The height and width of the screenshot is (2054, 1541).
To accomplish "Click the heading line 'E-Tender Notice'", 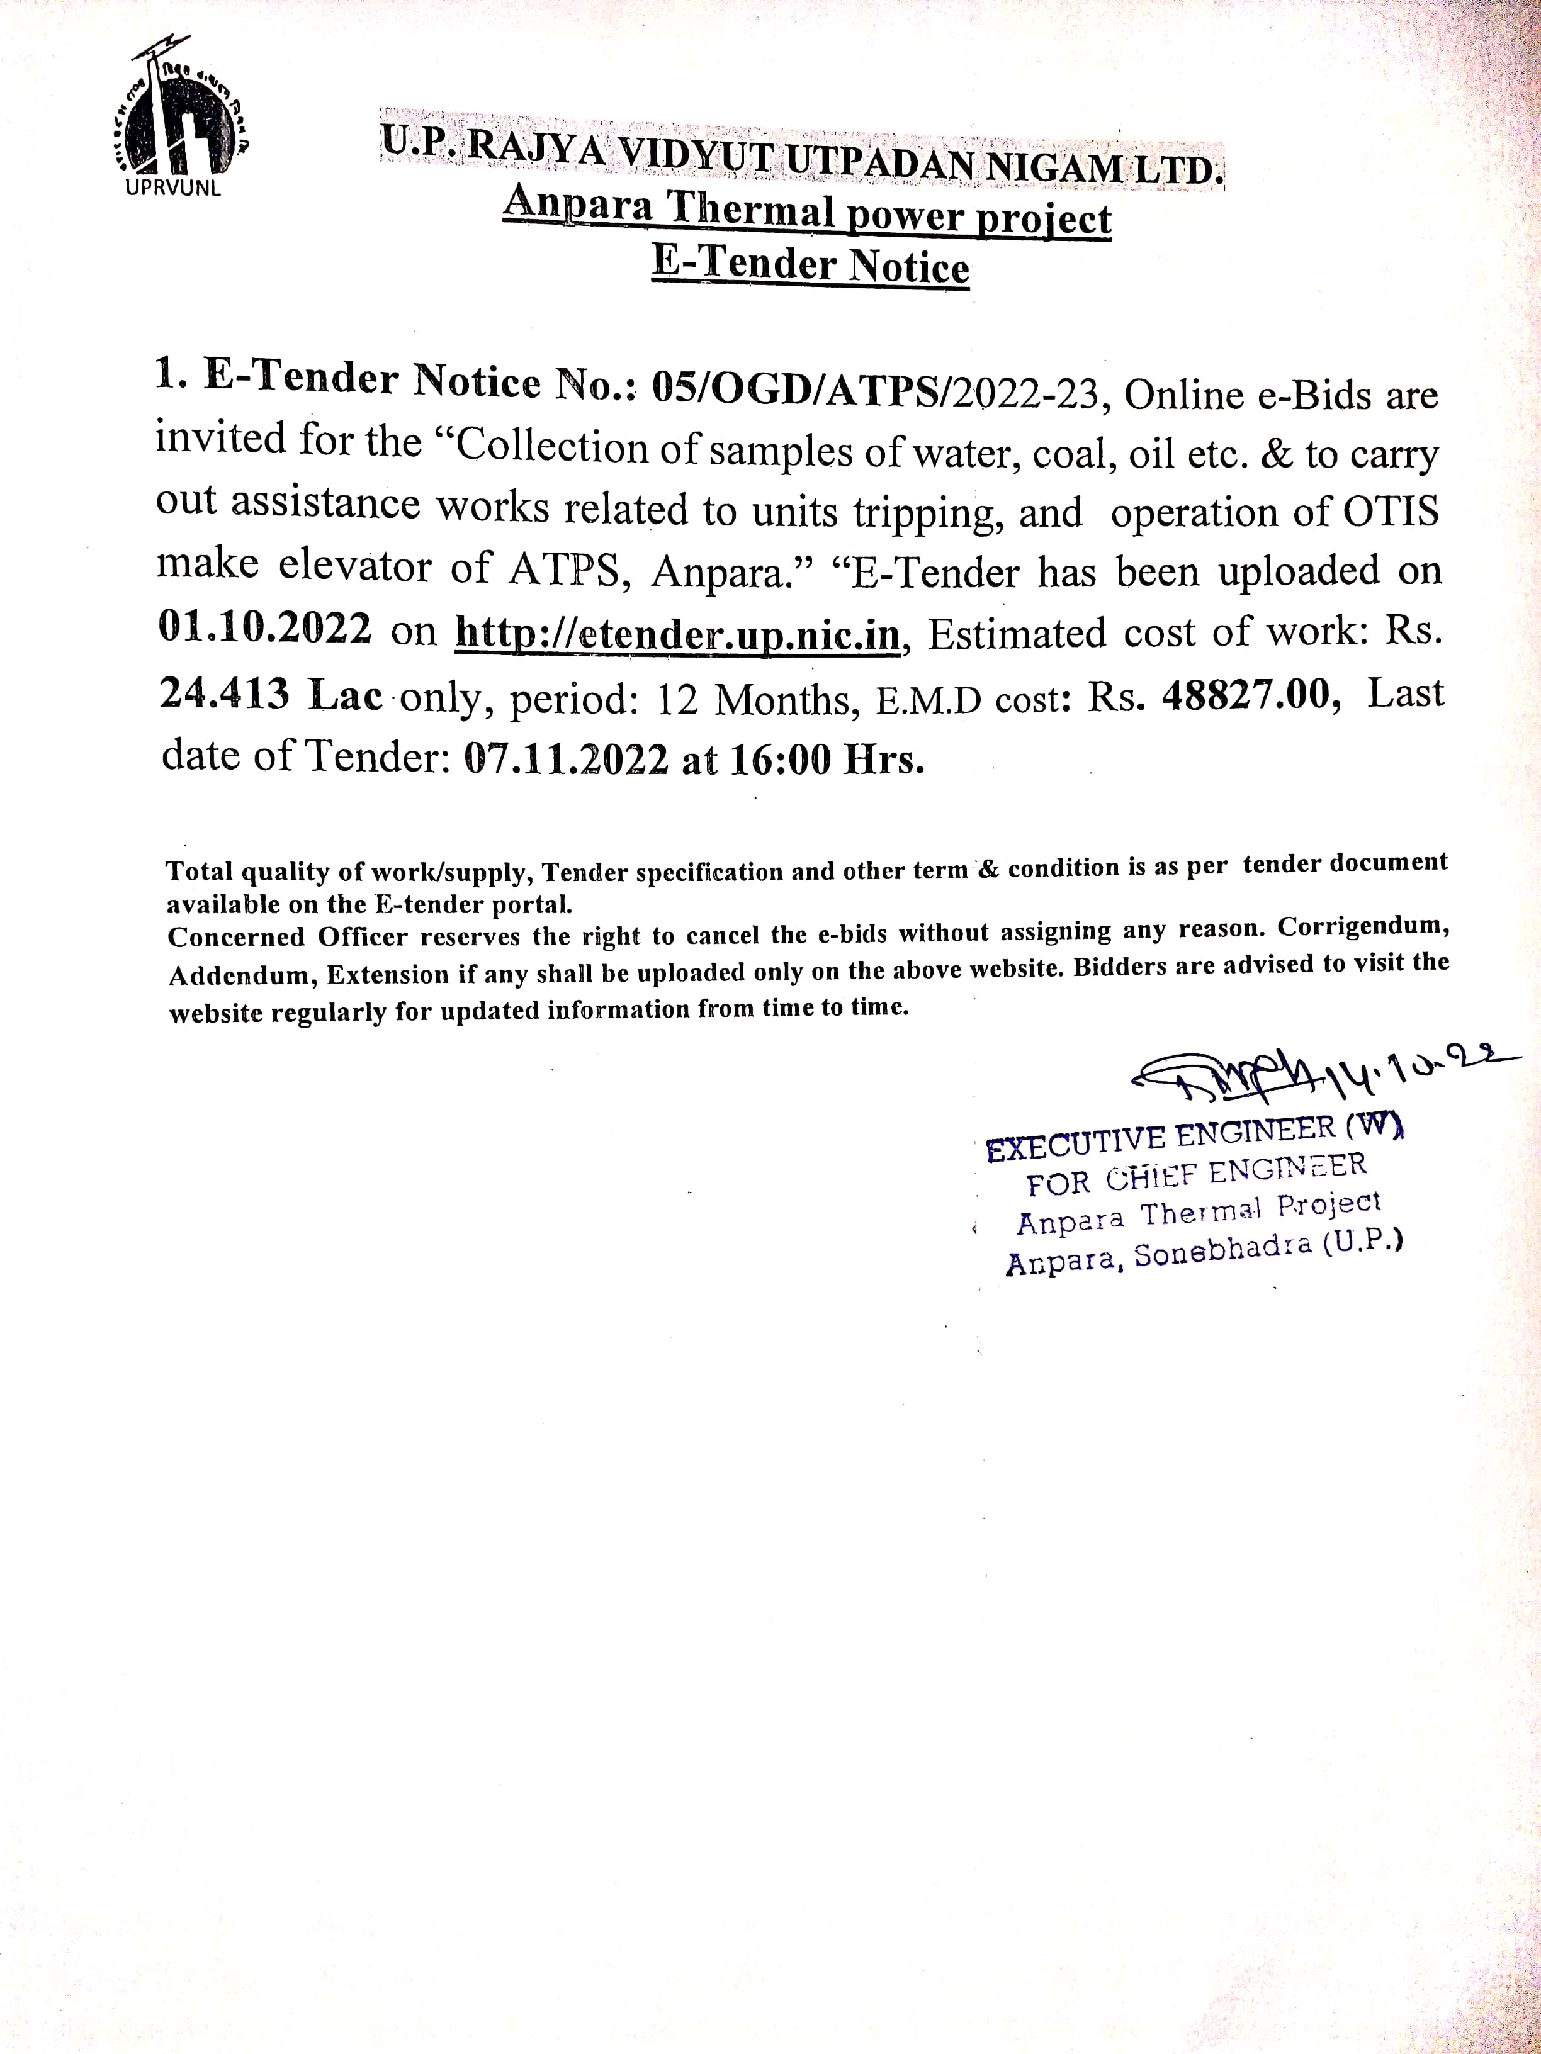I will [810, 265].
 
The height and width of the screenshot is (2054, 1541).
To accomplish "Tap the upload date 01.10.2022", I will [266, 627].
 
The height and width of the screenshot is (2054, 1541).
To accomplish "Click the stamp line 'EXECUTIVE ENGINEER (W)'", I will [1193, 1138].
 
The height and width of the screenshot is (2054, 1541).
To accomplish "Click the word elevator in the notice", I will [355, 566].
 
